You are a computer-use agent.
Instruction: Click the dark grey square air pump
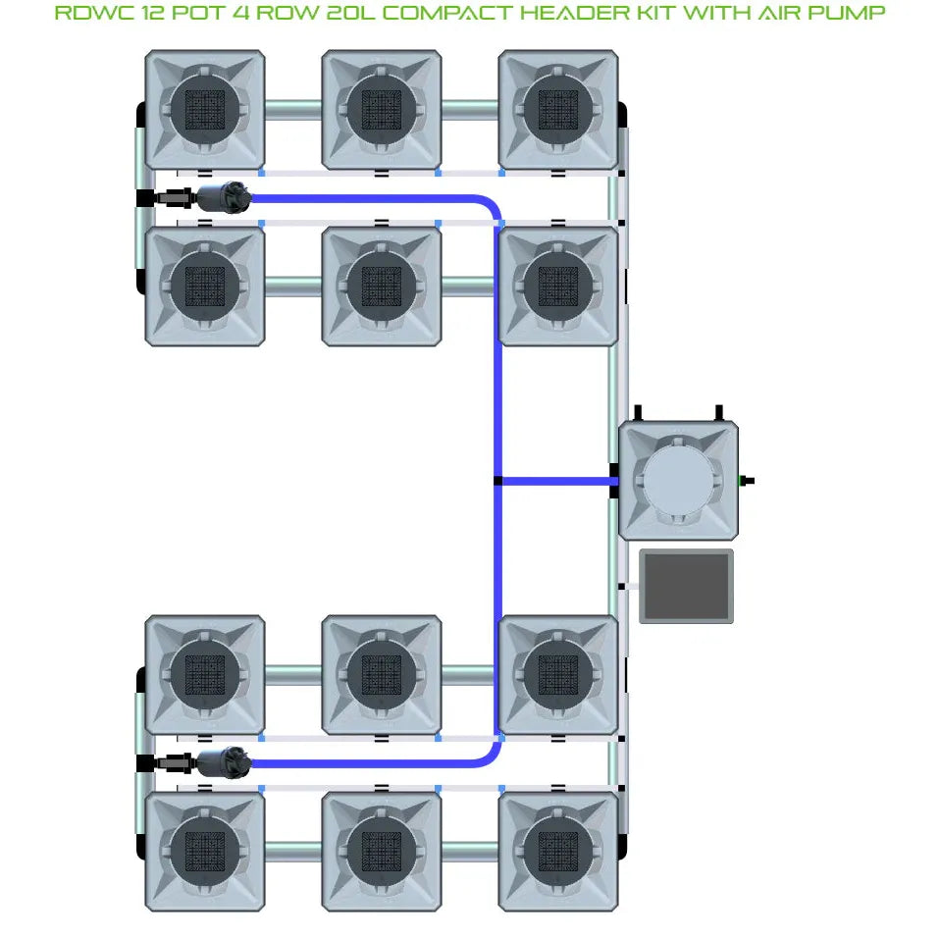[687, 586]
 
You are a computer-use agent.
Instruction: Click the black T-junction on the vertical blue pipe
[497, 481]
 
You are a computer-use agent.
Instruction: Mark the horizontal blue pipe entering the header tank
[554, 481]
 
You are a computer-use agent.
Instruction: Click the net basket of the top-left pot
[205, 109]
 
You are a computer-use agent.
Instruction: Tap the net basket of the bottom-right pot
[558, 851]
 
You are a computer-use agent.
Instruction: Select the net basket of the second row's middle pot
[382, 286]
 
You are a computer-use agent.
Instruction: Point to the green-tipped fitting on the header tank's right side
[747, 481]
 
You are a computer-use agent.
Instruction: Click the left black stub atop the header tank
[638, 411]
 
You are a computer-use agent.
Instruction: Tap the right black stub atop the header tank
[718, 411]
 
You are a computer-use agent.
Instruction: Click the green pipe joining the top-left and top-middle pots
[292, 109]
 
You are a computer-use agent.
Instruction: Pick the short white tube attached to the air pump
[630, 587]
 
